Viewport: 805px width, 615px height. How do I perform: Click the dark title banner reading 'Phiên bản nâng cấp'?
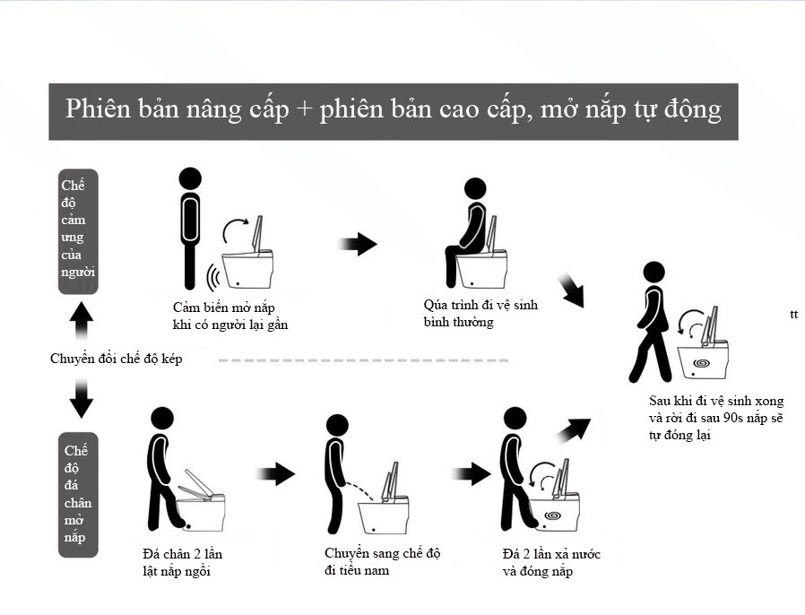[x=394, y=111]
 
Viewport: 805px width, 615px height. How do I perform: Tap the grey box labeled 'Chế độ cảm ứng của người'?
[x=78, y=231]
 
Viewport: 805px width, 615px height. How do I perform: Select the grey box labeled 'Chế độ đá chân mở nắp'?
[x=78, y=494]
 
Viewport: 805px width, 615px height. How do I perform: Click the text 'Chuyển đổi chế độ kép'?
[x=116, y=359]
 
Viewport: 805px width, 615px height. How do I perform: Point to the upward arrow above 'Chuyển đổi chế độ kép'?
[x=81, y=320]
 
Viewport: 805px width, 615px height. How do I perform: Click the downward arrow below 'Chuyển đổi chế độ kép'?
[x=81, y=398]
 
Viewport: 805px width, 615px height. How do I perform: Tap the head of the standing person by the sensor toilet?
[x=190, y=178]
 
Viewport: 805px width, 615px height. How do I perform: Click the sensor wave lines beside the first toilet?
[x=213, y=278]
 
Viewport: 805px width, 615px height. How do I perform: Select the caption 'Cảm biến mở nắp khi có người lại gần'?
[x=230, y=316]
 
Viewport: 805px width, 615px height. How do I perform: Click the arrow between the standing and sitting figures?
[x=358, y=243]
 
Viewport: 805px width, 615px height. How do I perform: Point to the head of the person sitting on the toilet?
[x=475, y=188]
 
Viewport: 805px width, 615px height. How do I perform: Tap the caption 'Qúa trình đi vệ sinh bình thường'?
[x=480, y=313]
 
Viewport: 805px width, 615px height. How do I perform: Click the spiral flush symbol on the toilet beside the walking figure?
[x=701, y=363]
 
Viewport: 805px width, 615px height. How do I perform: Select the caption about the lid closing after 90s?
[x=716, y=418]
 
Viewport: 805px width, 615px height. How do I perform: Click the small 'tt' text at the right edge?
[x=793, y=314]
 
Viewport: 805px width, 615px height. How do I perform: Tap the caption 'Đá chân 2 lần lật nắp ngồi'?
[x=182, y=562]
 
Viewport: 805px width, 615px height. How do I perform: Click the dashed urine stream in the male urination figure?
[x=361, y=490]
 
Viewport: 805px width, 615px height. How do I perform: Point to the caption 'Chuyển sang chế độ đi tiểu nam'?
[x=382, y=561]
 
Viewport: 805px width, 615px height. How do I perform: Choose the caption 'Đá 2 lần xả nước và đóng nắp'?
[x=551, y=562]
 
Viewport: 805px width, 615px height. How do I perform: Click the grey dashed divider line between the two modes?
[x=363, y=360]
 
